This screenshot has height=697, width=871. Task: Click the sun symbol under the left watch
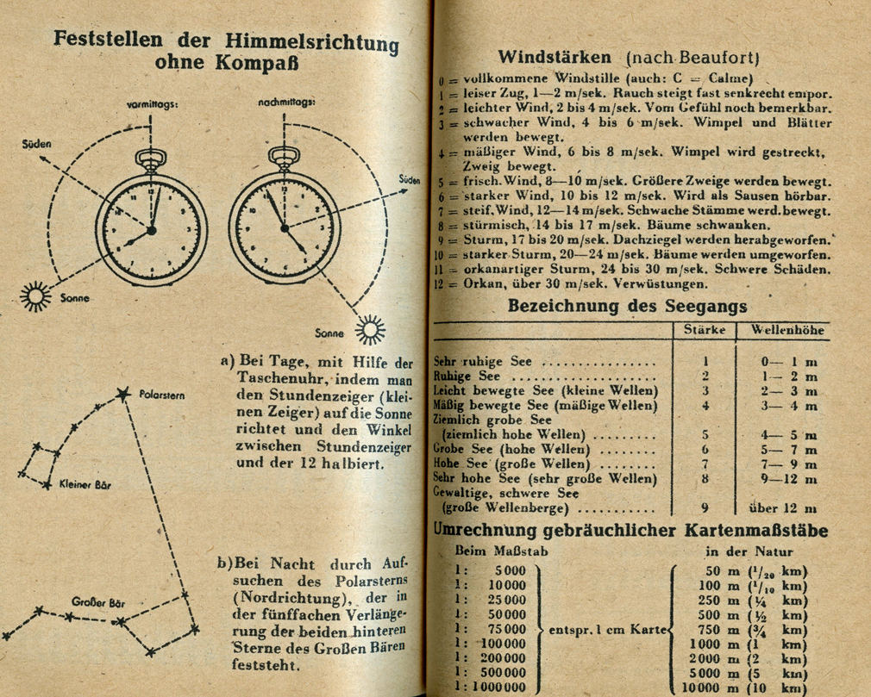[36, 296]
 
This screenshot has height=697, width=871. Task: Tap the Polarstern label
[162, 395]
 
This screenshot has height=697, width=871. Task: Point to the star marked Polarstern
[120, 397]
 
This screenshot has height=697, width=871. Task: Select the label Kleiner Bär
[85, 484]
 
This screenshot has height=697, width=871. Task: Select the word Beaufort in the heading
[721, 59]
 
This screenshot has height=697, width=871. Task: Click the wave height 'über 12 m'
[783, 508]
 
